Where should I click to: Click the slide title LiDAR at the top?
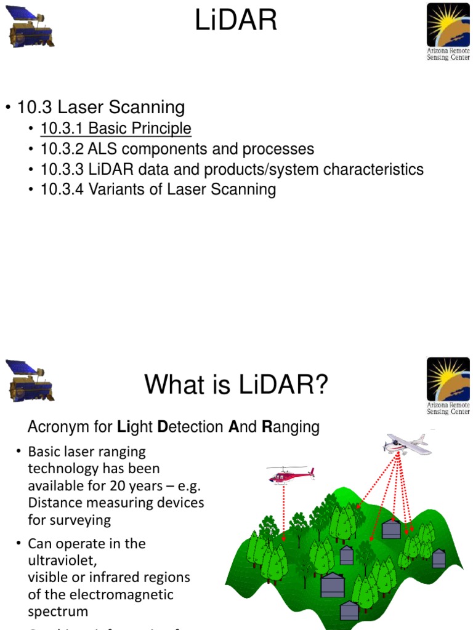click(x=236, y=22)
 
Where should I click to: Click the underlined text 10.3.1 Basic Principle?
click(x=116, y=129)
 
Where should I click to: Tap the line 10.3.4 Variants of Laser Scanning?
click(x=158, y=189)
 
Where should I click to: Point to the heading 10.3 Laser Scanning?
click(x=101, y=108)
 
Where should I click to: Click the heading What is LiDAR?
click(x=236, y=386)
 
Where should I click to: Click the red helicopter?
click(x=290, y=474)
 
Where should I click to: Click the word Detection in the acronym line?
click(x=191, y=427)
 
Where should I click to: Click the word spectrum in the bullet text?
click(x=58, y=612)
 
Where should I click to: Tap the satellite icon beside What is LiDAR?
click(x=30, y=381)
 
